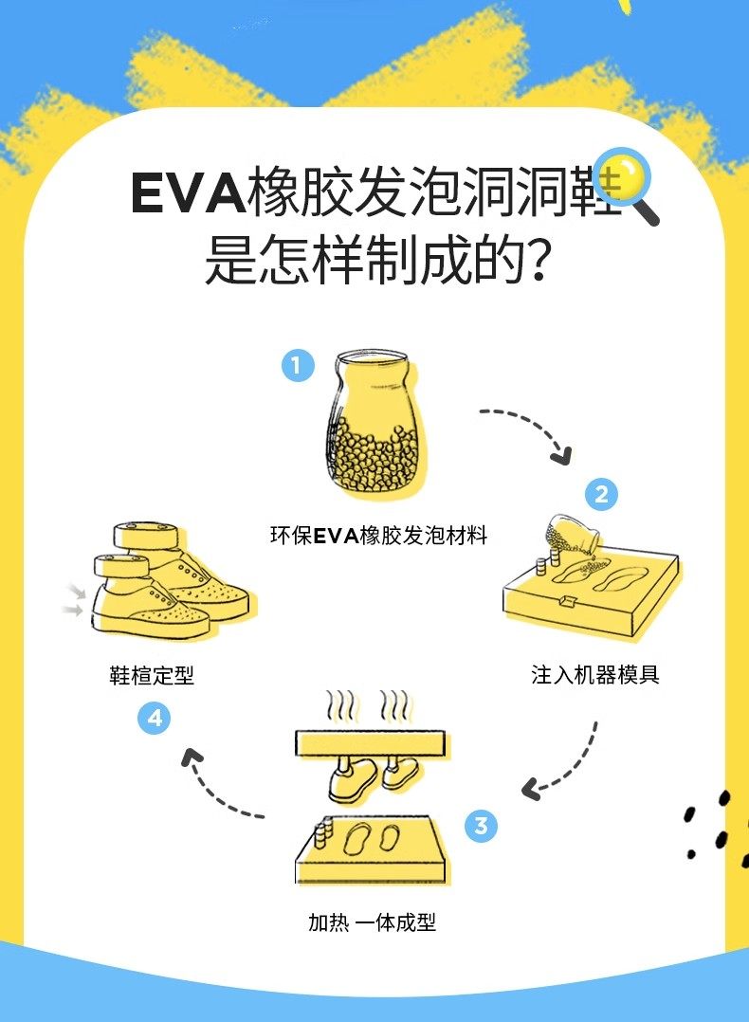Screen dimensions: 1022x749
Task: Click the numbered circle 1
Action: click(297, 365)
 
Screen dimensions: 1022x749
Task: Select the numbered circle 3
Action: click(481, 826)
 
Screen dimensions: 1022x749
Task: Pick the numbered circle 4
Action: click(155, 719)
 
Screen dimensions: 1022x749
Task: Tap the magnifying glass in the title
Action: click(625, 183)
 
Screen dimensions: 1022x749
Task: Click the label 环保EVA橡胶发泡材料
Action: click(378, 537)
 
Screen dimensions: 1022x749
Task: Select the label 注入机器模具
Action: click(595, 675)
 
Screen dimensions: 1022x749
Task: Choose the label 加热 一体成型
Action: click(372, 922)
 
